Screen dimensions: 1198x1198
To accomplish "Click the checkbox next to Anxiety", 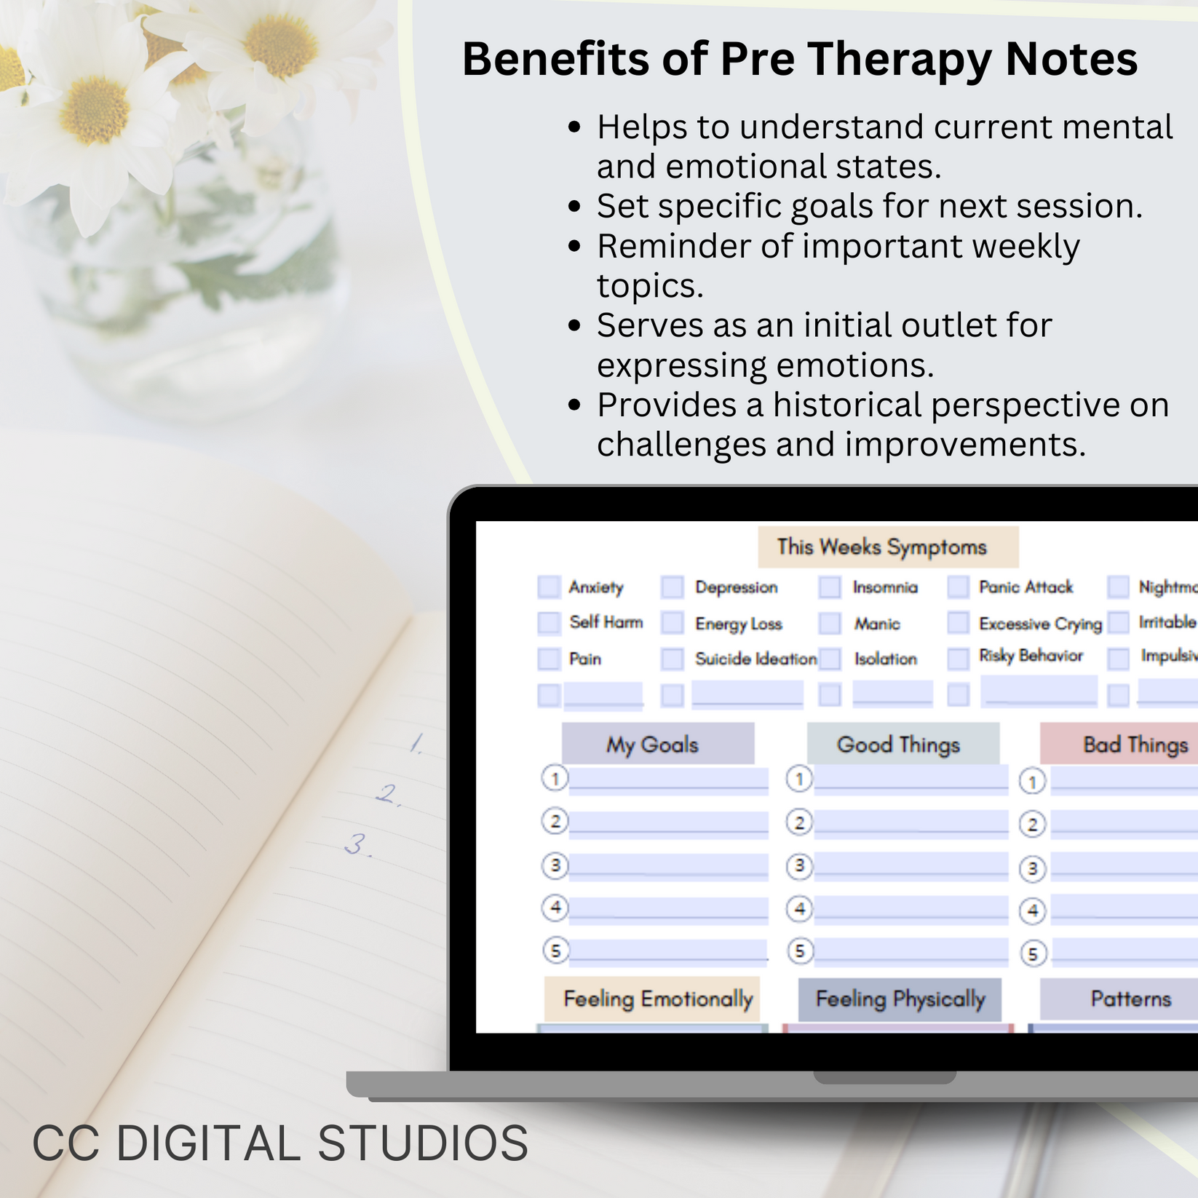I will [549, 587].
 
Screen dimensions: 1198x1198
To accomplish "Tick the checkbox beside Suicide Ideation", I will [672, 659].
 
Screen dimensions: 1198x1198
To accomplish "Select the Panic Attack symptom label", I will [1026, 587].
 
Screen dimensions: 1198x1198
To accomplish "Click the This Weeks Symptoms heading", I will [881, 547].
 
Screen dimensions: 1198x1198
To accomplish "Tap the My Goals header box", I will [653, 744].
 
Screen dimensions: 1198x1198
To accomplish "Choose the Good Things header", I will [898, 744].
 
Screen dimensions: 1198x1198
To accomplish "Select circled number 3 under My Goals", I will [555, 865].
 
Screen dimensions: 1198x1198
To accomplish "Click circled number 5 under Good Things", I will [800, 951].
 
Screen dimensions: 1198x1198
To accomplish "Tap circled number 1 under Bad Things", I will [1031, 782].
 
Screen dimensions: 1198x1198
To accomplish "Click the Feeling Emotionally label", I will [657, 999].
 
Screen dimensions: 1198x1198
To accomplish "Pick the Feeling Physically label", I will [900, 999].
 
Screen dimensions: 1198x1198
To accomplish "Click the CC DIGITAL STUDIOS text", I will [280, 1143].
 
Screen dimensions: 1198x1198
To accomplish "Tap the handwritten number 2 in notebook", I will [389, 793].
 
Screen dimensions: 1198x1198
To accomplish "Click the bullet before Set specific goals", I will [574, 207].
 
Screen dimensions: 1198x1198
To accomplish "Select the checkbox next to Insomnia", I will [829, 587].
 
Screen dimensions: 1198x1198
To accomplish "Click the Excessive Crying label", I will [1040, 624].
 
